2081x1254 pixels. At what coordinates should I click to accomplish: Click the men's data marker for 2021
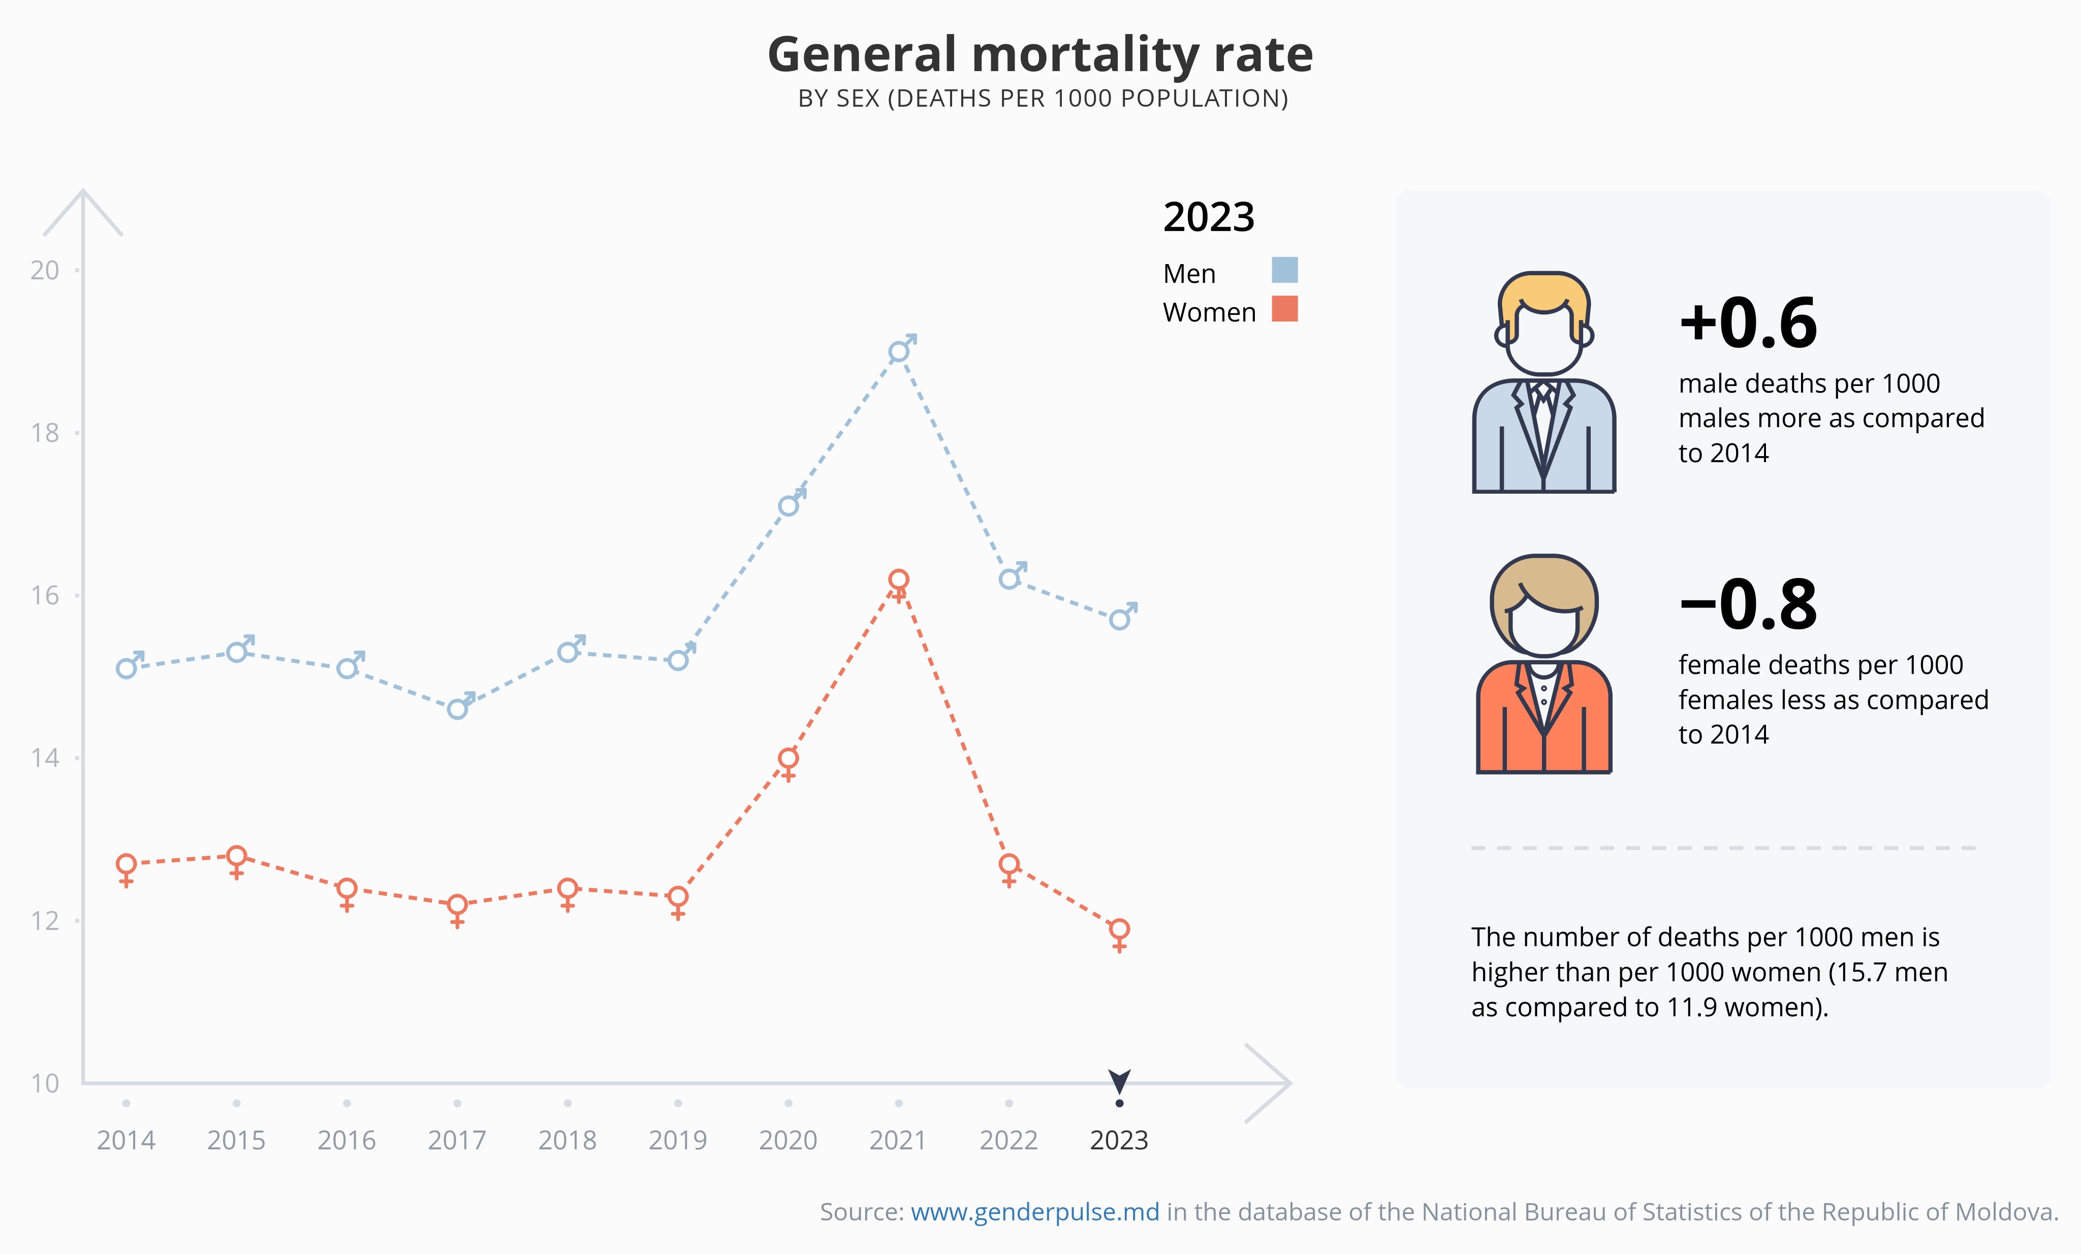(x=899, y=351)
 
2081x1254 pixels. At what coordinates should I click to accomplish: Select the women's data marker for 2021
(x=899, y=580)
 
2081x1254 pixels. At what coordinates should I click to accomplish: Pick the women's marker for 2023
(x=1119, y=930)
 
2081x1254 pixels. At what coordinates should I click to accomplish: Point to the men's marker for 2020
(x=788, y=506)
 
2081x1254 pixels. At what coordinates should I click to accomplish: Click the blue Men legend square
(x=1284, y=270)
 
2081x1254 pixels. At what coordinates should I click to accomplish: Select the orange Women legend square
(x=1284, y=309)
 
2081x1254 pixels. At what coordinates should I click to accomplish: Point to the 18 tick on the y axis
(x=45, y=433)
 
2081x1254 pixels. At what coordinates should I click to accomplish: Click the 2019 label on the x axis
(x=677, y=1141)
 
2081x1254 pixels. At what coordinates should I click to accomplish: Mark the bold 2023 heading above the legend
(x=1209, y=218)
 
